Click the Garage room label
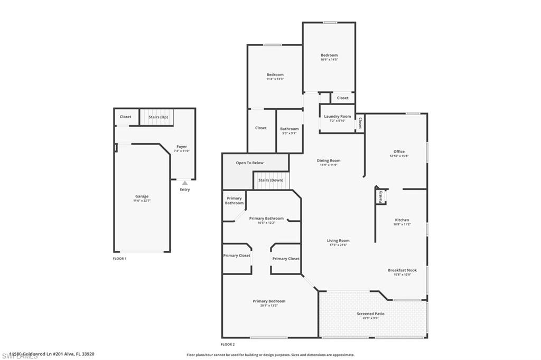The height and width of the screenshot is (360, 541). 141,196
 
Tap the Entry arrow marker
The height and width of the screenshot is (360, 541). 184,183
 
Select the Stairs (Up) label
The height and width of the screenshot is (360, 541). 158,117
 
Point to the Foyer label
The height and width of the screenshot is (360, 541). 182,147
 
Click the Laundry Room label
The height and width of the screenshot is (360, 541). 337,116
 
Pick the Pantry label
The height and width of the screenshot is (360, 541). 380,196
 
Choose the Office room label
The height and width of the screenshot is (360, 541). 399,151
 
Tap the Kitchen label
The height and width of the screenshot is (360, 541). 402,220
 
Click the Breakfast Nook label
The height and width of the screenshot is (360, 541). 402,270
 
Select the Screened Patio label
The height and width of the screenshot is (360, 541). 370,314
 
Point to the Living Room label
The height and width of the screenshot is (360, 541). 338,241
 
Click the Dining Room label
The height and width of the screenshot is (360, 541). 329,160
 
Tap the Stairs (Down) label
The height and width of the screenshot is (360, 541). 270,180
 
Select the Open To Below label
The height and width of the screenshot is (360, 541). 249,163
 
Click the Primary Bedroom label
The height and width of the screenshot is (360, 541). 269,301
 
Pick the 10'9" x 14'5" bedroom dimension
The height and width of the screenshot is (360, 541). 329,60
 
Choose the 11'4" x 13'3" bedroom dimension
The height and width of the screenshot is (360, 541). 275,79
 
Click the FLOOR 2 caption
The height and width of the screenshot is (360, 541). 228,344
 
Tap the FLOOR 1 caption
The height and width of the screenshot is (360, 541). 119,259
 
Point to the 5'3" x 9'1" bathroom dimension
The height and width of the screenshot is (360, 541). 289,133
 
